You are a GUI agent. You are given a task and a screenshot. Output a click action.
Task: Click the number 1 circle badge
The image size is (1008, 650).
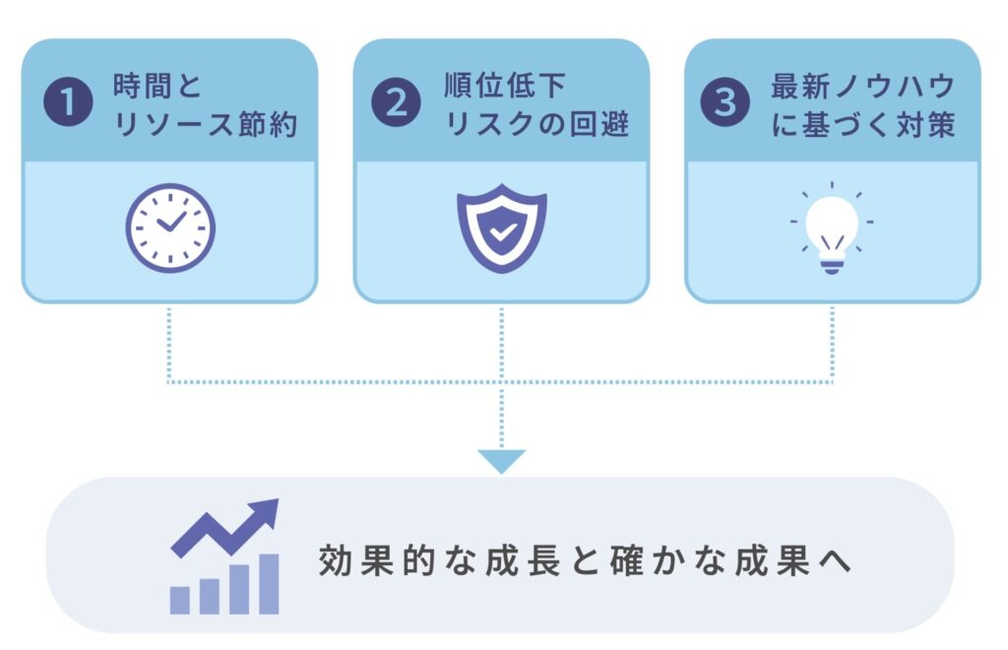pyautogui.click(x=68, y=101)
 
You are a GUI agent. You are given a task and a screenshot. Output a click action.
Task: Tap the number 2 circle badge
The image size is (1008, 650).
pyautogui.click(x=396, y=101)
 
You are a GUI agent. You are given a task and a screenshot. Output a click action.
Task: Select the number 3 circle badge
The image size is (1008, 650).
pyautogui.click(x=725, y=101)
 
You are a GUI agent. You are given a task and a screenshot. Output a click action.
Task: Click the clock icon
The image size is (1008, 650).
pyautogui.click(x=170, y=228)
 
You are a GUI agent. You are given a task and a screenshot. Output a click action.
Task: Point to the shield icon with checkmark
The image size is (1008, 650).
pyautogui.click(x=501, y=228)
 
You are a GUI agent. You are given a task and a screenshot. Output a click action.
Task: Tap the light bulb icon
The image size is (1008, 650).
pyautogui.click(x=831, y=228)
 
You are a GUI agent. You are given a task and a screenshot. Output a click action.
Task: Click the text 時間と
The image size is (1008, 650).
pyautogui.click(x=157, y=86)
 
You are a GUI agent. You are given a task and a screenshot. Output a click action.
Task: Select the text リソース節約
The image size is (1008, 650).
pyautogui.click(x=205, y=124)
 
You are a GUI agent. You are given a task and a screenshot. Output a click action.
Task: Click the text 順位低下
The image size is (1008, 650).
pyautogui.click(x=505, y=86)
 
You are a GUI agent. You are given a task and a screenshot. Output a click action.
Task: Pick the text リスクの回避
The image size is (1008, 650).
pyautogui.click(x=536, y=124)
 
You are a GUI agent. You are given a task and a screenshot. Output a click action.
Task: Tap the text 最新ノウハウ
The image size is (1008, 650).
pyautogui.click(x=862, y=86)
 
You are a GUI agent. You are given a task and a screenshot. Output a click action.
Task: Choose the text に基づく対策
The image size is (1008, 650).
pyautogui.click(x=862, y=124)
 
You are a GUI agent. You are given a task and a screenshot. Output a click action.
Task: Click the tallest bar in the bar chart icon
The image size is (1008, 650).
pyautogui.click(x=269, y=584)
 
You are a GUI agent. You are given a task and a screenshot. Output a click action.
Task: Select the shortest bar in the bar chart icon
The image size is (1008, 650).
pyautogui.click(x=180, y=600)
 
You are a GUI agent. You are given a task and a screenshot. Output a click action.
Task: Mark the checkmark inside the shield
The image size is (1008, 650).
pyautogui.click(x=502, y=231)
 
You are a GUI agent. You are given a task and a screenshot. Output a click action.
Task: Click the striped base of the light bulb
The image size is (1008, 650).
pyautogui.click(x=831, y=264)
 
